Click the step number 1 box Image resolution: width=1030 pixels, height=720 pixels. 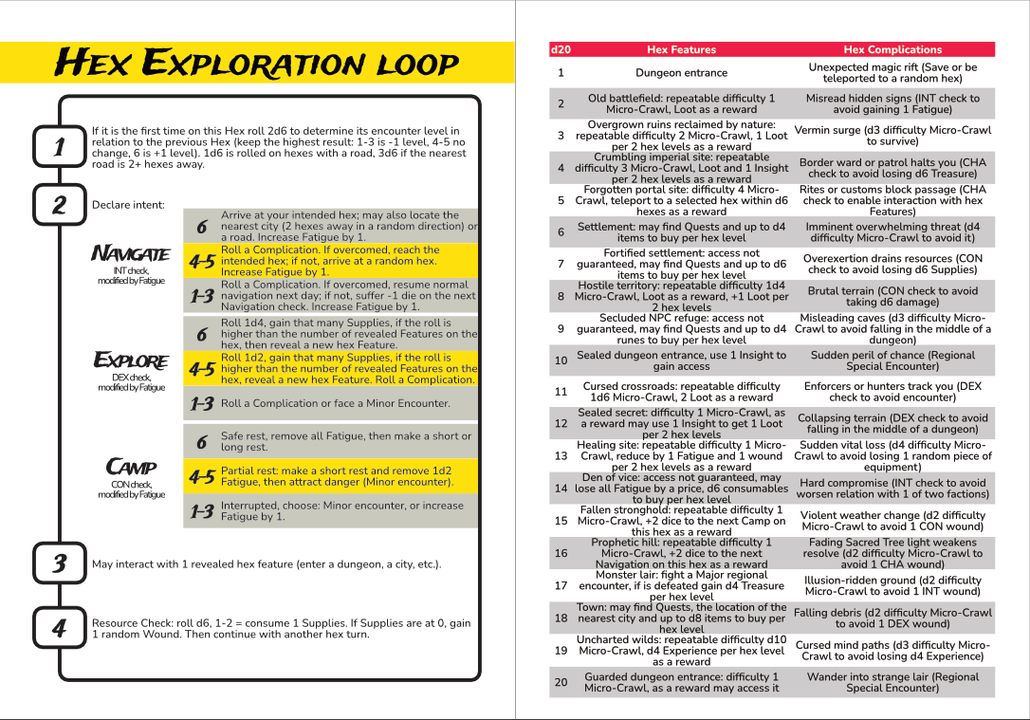pos(59,147)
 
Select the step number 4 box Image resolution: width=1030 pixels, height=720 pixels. pos(59,628)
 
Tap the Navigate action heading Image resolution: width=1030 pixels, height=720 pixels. pos(131,254)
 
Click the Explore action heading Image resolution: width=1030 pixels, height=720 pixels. pos(131,361)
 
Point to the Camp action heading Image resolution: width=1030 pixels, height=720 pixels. pos(131,467)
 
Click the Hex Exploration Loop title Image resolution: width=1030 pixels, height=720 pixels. pos(257,64)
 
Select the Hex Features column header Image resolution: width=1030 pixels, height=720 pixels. pos(681,49)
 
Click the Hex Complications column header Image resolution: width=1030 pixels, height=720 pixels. pos(892,49)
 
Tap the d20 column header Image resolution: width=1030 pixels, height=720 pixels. pos(561,49)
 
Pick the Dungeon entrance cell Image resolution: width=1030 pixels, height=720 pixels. pos(681,73)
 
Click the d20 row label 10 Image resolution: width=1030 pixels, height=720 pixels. pos(561,360)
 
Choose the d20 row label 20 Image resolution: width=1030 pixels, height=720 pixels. pos(561,682)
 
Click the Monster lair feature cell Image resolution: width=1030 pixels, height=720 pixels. pos(681,585)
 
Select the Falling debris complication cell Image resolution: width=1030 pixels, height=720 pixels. pos(892,618)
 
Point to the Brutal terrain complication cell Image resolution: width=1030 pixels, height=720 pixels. pos(892,296)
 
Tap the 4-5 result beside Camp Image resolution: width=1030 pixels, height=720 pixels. pos(201,477)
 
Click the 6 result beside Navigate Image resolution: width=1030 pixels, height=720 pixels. pos(201,227)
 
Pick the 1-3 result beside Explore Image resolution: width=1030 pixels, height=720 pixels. pos(201,404)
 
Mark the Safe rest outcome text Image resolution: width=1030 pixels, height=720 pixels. pos(346,441)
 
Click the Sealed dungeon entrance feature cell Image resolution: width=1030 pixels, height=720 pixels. pos(681,360)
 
